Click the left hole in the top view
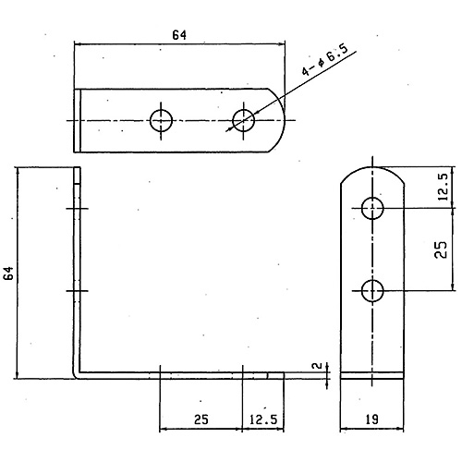pyautogui.click(x=161, y=120)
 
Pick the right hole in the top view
pyautogui.click(x=244, y=120)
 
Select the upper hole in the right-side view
pyautogui.click(x=372, y=209)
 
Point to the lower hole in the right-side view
pyautogui.click(x=372, y=291)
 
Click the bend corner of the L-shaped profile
pyautogui.click(x=76, y=375)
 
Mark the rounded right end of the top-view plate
pyautogui.click(x=278, y=120)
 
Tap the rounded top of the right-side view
pyautogui.click(x=372, y=168)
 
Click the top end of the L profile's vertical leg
pyautogui.click(x=77, y=167)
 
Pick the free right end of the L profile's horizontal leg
pyautogui.click(x=283, y=375)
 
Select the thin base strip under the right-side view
pyautogui.click(x=372, y=375)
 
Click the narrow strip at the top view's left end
pyautogui.click(x=78, y=120)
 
